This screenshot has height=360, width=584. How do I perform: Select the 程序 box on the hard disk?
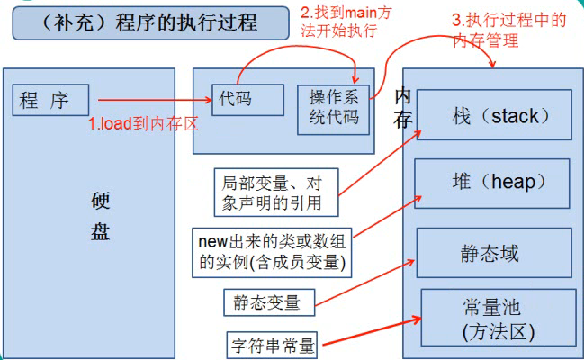point(50,100)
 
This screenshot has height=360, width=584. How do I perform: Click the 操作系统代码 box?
point(334,108)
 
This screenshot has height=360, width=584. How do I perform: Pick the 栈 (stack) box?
point(493,115)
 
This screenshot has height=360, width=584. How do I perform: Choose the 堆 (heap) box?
point(492,184)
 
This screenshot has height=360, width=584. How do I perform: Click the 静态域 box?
point(493,253)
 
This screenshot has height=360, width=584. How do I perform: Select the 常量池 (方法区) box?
point(496,319)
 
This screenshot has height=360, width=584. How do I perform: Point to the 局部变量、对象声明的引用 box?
point(274,192)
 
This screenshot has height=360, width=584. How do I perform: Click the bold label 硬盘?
point(100,215)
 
